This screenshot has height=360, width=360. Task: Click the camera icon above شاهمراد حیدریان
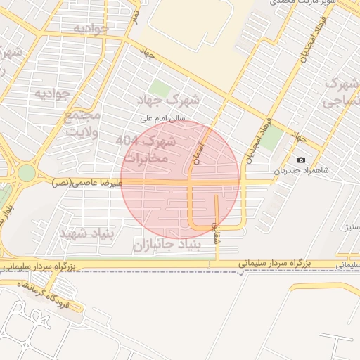pos(302,160)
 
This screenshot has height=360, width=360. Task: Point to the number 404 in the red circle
pos(127,141)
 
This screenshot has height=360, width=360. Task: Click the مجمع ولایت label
pos(82,123)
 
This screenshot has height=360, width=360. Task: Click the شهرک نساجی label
pos(340,93)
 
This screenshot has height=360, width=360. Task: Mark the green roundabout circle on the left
pos(26,172)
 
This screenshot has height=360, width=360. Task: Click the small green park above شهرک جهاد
pos(160,89)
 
